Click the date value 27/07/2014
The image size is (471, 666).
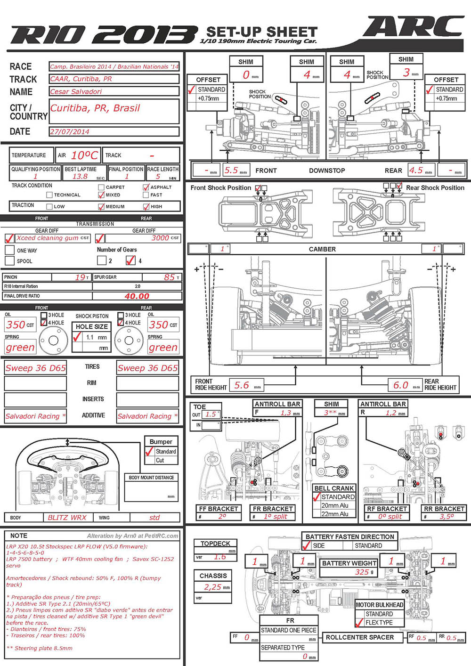(70, 132)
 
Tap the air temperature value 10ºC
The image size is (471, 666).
(85, 155)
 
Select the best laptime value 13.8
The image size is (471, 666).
(80, 176)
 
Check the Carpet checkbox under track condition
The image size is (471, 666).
(101, 187)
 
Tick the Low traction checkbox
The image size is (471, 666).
(49, 206)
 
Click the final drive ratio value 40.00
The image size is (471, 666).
(137, 296)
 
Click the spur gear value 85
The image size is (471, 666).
(169, 277)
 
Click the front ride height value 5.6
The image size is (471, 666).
(242, 385)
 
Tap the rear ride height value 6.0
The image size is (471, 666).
(401, 385)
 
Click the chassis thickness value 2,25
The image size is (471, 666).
(212, 587)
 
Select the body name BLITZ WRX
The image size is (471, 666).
(67, 517)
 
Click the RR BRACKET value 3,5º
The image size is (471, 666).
(447, 516)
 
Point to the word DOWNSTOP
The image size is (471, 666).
(327, 171)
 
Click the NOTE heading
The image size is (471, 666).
(19, 536)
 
